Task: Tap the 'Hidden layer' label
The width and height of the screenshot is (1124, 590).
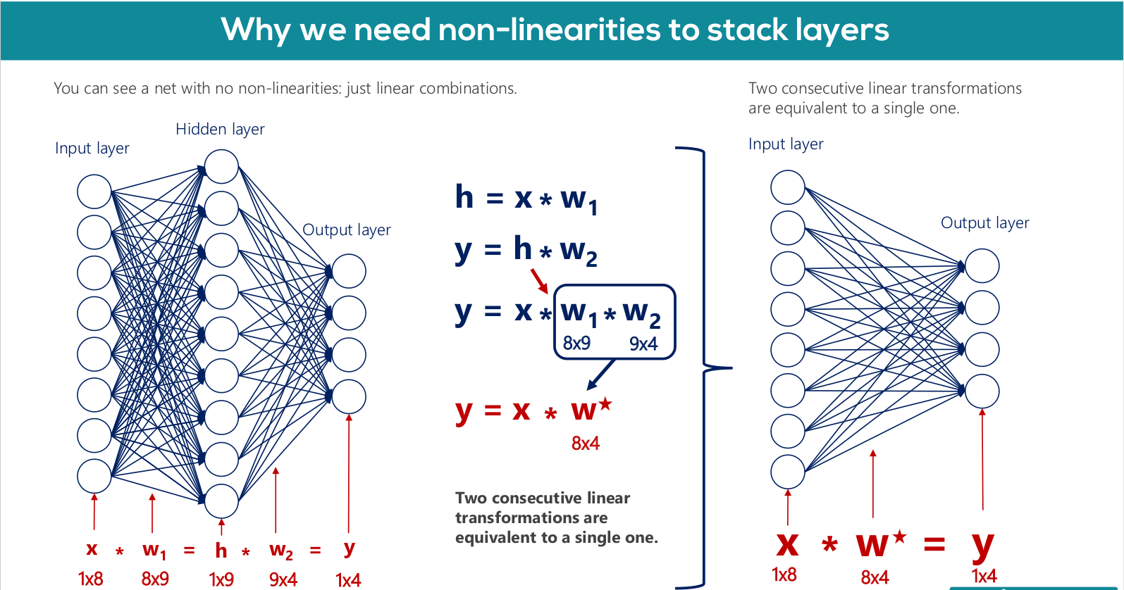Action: point(220,130)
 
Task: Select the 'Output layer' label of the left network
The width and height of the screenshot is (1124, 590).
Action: point(346,230)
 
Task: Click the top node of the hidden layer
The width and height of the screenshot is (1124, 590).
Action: point(221,166)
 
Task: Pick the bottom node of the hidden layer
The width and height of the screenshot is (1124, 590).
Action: point(221,501)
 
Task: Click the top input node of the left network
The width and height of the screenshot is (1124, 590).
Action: point(94,192)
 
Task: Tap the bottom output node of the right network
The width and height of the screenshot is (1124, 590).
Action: point(982,391)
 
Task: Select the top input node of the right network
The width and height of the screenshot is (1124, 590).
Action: point(788,187)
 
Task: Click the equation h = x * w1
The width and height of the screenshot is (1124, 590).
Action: point(526,199)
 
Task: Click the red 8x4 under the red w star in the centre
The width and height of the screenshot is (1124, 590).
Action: point(586,444)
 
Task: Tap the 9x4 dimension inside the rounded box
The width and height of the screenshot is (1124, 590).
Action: point(643,344)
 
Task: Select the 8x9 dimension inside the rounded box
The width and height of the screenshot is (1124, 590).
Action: point(576,344)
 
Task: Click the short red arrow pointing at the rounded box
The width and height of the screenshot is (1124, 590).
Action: point(540,282)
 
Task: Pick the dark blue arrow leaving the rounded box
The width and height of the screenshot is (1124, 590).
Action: point(600,375)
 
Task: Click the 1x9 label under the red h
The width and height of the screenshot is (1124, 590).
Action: point(221,580)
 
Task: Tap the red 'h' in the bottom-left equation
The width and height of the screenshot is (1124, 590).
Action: point(221,551)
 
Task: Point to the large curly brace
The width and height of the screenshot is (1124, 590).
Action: point(705,368)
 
